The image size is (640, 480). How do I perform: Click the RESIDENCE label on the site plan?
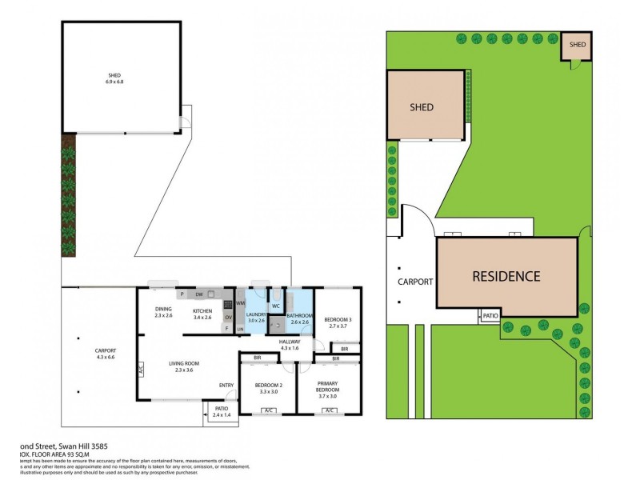(506, 277)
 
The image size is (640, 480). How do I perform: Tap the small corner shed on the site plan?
(577, 46)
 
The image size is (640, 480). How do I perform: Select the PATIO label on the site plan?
(490, 317)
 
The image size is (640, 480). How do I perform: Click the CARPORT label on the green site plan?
(415, 282)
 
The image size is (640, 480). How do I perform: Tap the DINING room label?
(163, 308)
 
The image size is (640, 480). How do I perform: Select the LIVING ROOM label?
(183, 363)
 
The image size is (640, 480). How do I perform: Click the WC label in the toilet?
(275, 306)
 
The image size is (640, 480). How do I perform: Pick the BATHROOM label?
(300, 316)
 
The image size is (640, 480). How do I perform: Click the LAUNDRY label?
(255, 315)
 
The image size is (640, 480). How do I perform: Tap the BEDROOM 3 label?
(336, 320)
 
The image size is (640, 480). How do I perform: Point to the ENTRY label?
(226, 386)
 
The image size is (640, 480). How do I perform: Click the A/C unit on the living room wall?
(139, 370)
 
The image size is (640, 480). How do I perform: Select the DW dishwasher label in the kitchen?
(198, 293)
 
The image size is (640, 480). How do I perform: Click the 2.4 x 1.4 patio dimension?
(220, 415)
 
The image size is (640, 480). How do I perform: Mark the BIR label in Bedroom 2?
(258, 358)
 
